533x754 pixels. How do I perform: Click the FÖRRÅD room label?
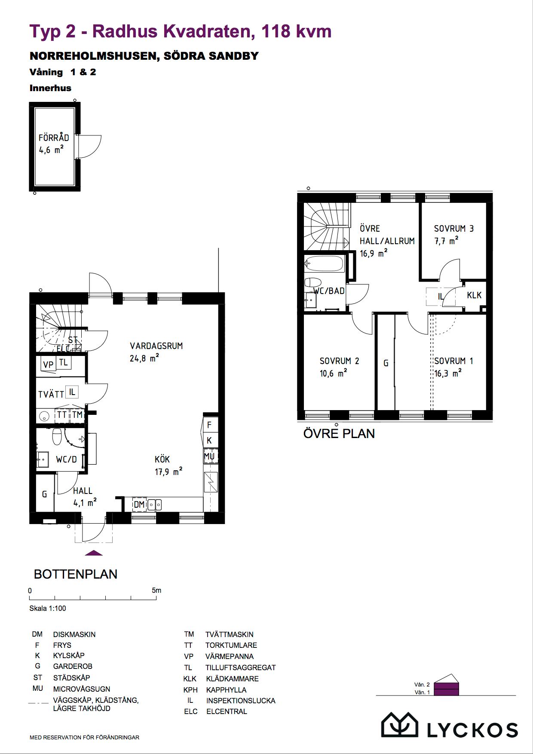pos(54,138)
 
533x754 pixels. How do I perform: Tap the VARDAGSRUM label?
pos(156,346)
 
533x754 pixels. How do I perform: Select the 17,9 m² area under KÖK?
pos(168,472)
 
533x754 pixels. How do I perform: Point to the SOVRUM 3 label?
pos(454,229)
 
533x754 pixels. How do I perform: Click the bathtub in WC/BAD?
pos(325,264)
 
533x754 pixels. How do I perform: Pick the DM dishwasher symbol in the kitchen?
pos(139,504)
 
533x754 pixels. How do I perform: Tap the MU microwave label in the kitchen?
pos(209,456)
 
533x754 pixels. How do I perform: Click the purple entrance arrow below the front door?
pos(94,553)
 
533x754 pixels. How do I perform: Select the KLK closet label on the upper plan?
pos(474,295)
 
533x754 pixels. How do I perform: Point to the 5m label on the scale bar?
pos(156,590)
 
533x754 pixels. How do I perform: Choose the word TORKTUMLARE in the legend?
pos(231,645)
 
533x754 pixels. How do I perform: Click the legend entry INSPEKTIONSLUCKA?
pos(241,700)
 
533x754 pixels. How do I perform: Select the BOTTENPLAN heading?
pos(76,574)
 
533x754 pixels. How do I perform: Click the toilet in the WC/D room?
pos(57,437)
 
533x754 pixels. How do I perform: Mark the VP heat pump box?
pos(48,364)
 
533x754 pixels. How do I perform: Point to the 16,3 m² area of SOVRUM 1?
pos(448,373)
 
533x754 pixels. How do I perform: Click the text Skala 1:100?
pos(48,608)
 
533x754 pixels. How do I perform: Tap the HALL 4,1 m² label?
pos(84,497)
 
